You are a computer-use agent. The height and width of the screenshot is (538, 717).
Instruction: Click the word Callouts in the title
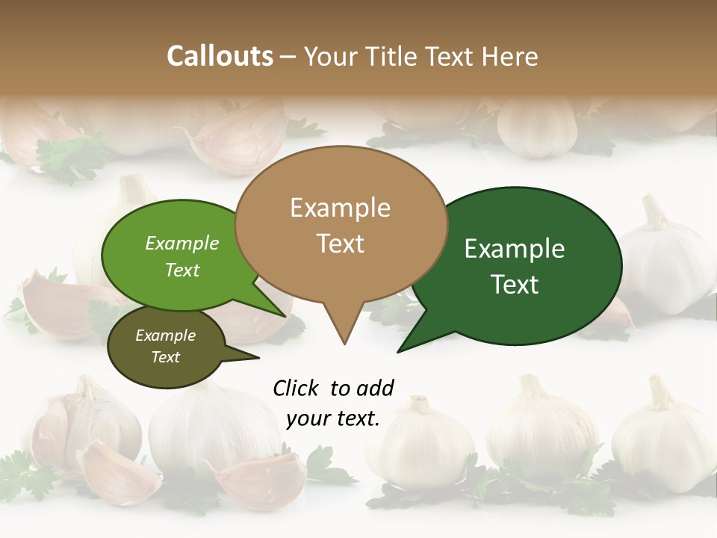(x=220, y=56)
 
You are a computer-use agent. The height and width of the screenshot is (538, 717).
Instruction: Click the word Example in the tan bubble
(x=340, y=208)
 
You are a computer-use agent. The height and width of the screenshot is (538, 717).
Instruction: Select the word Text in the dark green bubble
(x=515, y=284)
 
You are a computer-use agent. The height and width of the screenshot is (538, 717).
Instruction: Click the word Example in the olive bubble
(x=165, y=336)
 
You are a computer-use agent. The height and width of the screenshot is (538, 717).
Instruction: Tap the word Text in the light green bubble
(x=182, y=270)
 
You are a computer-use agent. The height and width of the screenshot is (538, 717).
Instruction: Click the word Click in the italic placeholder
(x=296, y=388)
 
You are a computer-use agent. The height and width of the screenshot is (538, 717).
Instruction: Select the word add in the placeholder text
(x=375, y=388)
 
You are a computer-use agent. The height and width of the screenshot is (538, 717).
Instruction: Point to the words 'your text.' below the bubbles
(x=332, y=418)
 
